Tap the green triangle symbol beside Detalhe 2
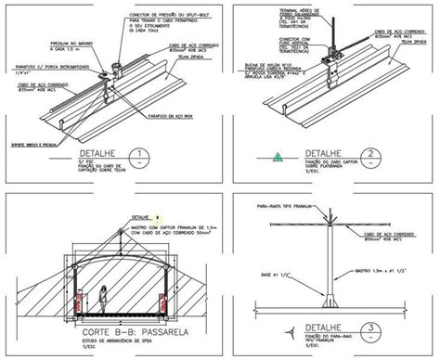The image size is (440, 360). click(x=277, y=159)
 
